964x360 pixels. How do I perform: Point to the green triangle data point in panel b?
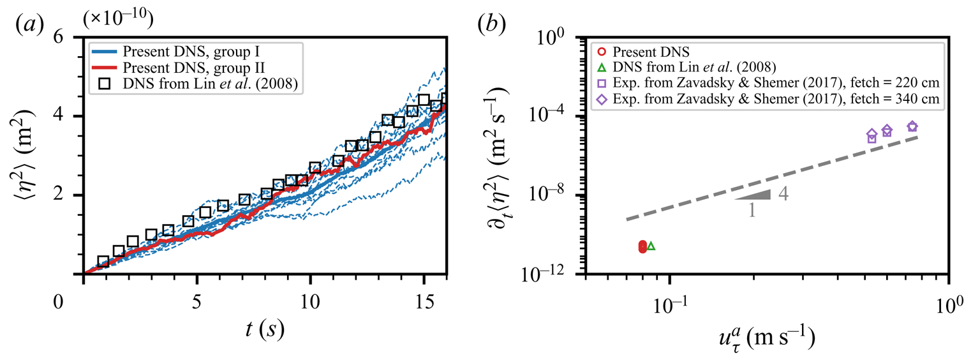[x=651, y=246]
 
